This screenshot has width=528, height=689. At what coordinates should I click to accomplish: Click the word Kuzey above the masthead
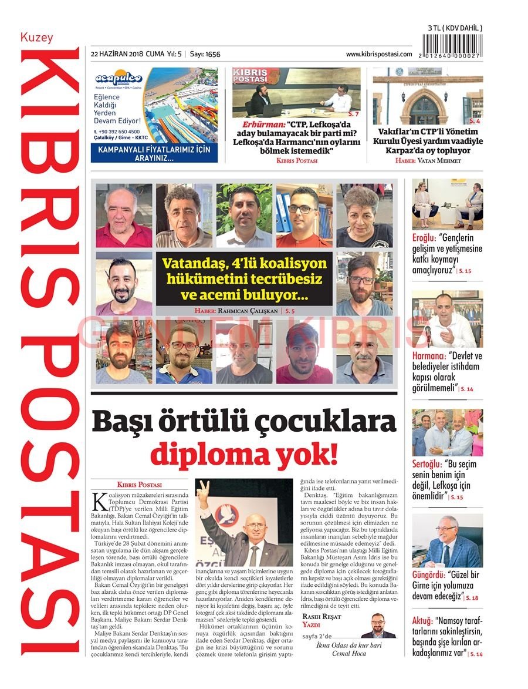36,38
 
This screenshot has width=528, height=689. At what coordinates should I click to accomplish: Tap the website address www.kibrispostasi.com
378,54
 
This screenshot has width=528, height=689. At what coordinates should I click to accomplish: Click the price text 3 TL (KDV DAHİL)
455,28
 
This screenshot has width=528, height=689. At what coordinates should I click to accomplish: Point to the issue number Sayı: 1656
205,54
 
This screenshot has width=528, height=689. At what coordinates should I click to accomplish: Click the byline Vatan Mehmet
437,160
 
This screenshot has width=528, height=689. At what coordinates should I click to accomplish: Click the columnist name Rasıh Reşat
321,616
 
